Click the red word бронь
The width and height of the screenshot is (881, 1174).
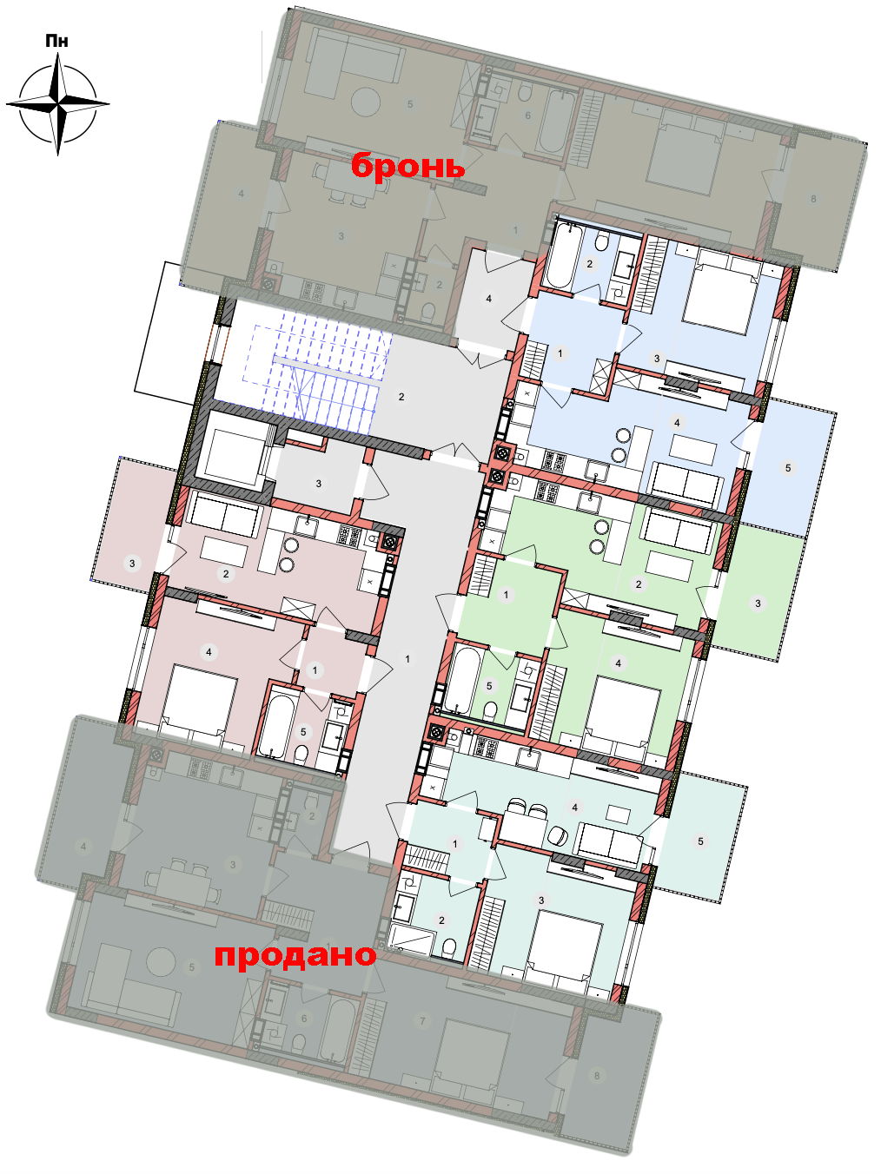pos(407,166)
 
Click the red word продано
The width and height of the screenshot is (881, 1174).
pos(295,954)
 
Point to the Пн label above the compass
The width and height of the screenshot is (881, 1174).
pos(56,41)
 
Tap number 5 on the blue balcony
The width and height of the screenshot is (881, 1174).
pos(787,468)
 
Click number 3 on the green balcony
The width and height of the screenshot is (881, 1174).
pos(758,603)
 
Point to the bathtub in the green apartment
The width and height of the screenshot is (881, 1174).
pos(460,680)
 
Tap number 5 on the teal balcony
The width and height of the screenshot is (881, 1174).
pos(701,841)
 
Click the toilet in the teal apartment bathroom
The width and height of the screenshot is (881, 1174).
pos(450,946)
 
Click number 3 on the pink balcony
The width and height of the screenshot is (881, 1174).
pos(132,563)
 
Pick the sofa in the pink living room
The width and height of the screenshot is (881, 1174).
pos(223,515)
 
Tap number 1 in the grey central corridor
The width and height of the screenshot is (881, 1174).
pos(407,659)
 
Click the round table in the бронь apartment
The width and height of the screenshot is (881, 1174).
pos(366,101)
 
